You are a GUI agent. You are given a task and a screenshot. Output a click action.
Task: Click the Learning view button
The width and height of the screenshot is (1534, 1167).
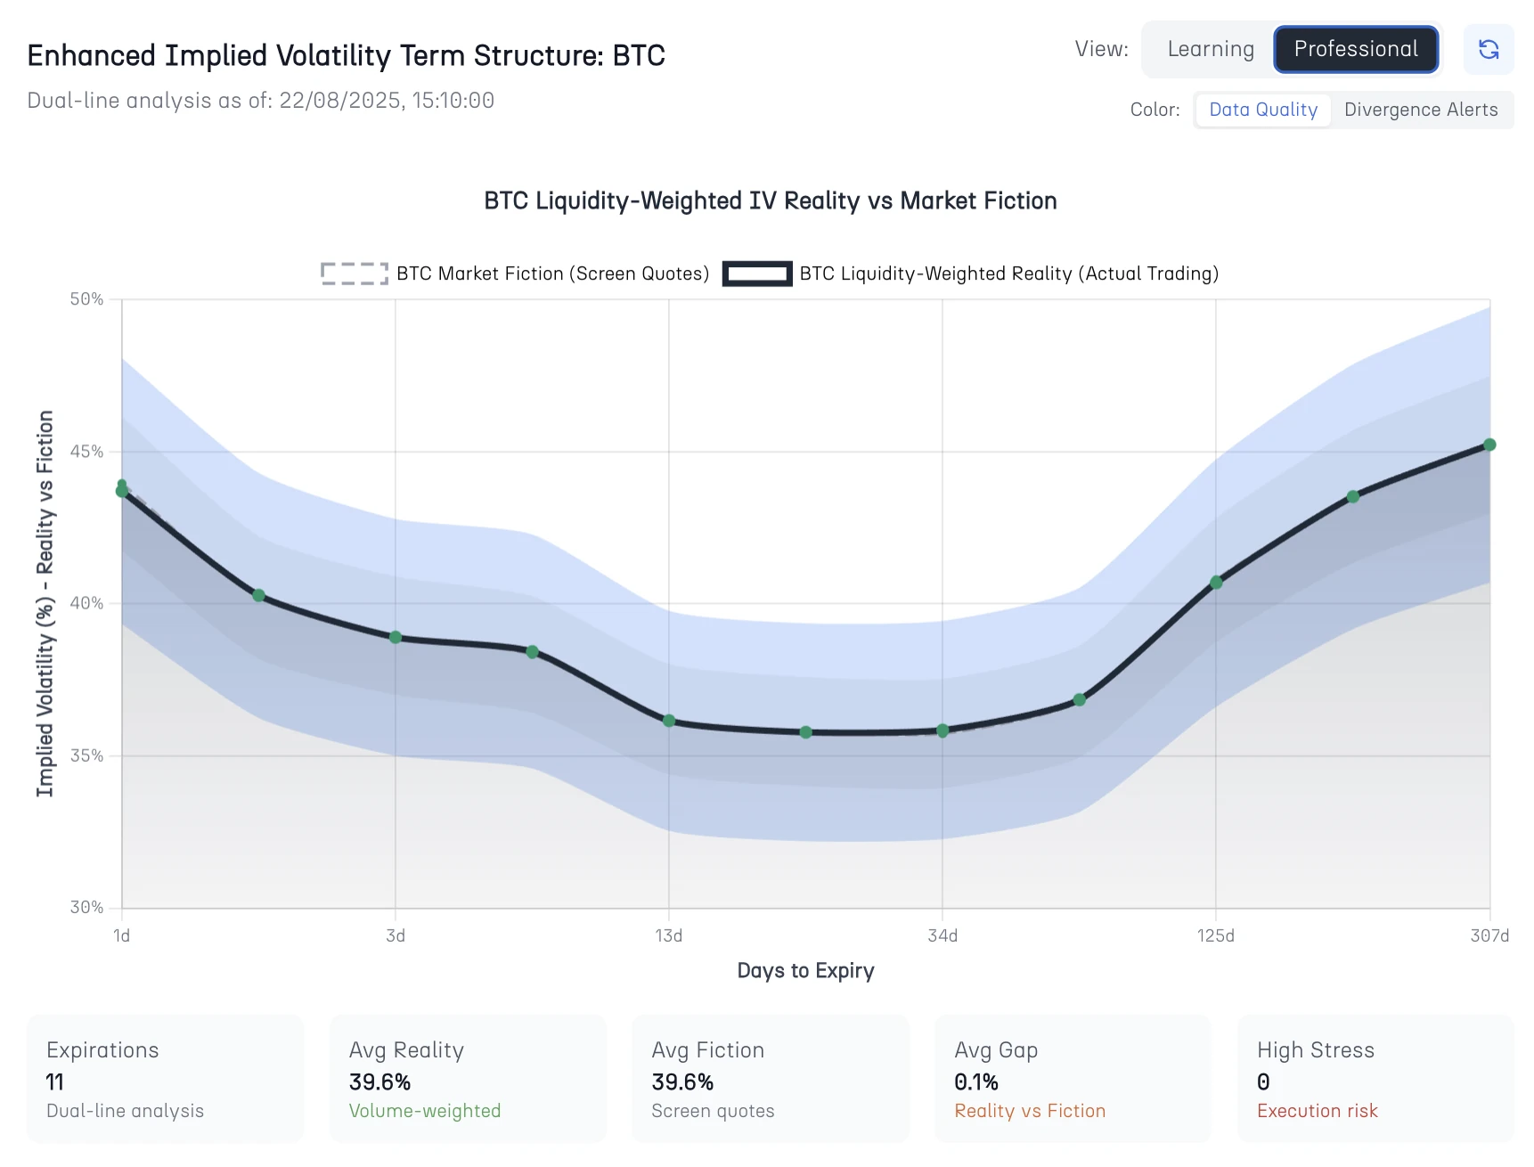point(1210,49)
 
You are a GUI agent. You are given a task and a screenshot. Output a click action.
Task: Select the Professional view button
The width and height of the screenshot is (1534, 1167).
point(1355,49)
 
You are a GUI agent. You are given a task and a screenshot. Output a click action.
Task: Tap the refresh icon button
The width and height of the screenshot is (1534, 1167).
point(1488,49)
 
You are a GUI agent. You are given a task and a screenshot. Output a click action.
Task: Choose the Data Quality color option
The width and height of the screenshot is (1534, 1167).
point(1262,110)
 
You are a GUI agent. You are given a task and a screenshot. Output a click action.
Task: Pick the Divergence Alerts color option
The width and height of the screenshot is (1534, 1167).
point(1420,110)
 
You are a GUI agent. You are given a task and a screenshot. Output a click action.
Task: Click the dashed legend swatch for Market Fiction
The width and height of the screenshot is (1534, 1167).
point(355,273)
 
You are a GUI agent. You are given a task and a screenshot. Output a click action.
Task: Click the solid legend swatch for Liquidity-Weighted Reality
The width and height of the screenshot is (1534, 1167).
point(756,273)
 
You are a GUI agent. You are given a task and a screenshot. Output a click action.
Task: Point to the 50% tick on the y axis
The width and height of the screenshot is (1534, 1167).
point(87,299)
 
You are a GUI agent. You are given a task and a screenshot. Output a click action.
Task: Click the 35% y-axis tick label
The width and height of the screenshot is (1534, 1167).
point(87,755)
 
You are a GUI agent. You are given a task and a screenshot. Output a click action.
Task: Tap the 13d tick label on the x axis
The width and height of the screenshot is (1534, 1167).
point(669,935)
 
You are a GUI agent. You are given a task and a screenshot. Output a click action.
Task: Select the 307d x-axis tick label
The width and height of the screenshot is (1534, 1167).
point(1489,935)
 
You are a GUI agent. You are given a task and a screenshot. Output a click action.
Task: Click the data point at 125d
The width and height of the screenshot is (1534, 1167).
point(1216,583)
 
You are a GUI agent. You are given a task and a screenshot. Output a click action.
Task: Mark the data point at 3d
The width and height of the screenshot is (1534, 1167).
point(396,638)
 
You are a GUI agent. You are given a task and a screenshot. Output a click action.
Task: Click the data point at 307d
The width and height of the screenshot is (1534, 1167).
point(1489,445)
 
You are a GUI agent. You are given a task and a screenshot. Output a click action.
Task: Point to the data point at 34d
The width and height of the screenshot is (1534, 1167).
point(942,730)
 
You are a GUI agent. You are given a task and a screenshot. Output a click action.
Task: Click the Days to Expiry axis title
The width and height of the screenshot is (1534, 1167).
point(805,970)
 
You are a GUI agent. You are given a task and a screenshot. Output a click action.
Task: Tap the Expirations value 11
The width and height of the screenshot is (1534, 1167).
point(54,1082)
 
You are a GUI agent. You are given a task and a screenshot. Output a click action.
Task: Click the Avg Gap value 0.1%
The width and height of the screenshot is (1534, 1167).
point(975,1082)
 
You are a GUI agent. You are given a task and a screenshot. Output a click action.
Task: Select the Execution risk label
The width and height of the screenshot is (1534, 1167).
point(1317,1111)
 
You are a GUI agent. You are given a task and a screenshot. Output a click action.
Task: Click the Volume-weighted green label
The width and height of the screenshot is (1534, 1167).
point(424,1111)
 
